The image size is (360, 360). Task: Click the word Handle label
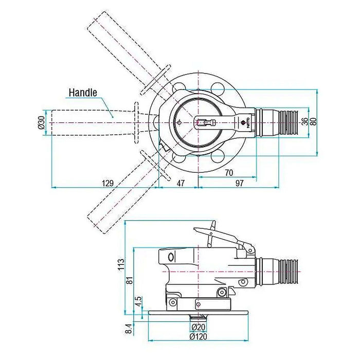[x=83, y=93]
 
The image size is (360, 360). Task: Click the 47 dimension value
[x=181, y=182]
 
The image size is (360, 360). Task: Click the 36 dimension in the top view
[x=304, y=122]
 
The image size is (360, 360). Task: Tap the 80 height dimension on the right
[x=312, y=122]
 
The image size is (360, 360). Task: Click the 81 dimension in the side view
[x=130, y=280]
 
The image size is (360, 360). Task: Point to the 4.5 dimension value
[x=138, y=301]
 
